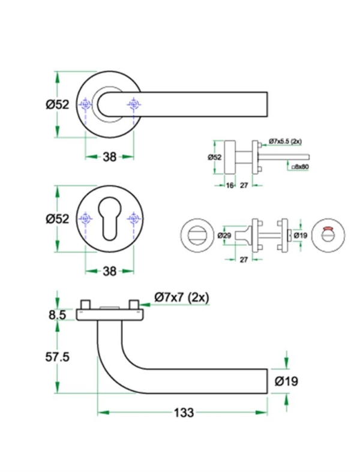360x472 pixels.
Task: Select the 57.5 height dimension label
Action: pos(58,357)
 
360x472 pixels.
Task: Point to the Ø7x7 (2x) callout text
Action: pos(181,297)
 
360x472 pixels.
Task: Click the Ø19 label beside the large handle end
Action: pos(286,381)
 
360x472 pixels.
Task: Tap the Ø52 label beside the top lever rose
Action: pos(58,104)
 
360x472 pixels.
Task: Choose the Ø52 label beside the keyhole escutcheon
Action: pos(58,218)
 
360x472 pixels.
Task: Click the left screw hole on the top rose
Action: pos(86,106)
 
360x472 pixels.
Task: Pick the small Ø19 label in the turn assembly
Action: pos(301,236)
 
